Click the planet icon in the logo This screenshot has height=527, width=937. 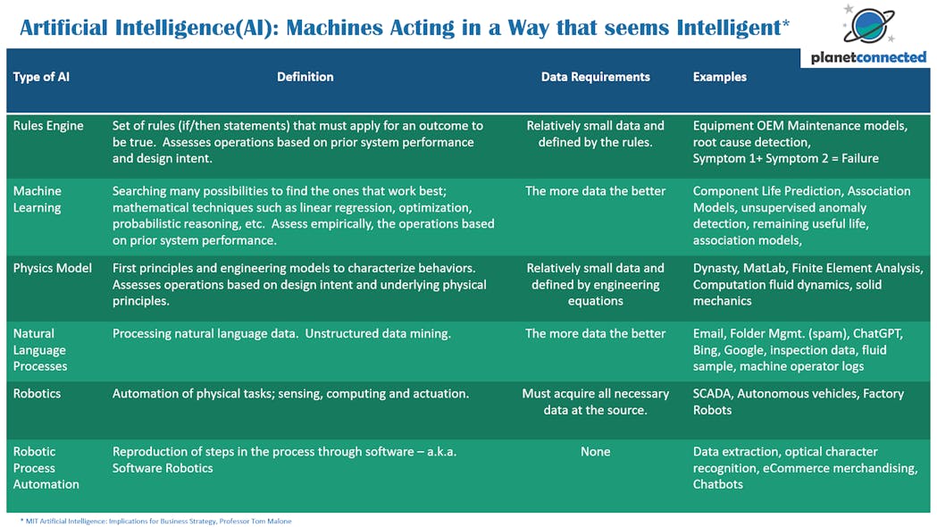[869, 25]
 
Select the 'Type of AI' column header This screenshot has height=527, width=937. [41, 77]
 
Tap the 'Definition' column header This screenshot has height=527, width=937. [305, 77]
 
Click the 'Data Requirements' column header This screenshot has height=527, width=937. [595, 77]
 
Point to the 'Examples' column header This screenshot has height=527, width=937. [719, 77]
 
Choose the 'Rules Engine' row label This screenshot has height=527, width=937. [48, 126]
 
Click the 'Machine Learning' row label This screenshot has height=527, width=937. [37, 199]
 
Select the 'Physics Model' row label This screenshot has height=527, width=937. [53, 268]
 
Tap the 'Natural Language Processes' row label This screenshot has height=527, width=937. [40, 350]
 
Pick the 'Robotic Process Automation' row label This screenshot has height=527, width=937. [46, 468]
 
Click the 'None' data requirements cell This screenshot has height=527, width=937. [595, 452]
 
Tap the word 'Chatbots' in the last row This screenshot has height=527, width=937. [717, 485]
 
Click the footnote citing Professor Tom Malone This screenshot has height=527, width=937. [156, 521]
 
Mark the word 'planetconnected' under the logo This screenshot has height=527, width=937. [868, 57]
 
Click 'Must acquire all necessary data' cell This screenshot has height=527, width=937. [595, 402]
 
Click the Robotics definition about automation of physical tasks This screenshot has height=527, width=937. [290, 394]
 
